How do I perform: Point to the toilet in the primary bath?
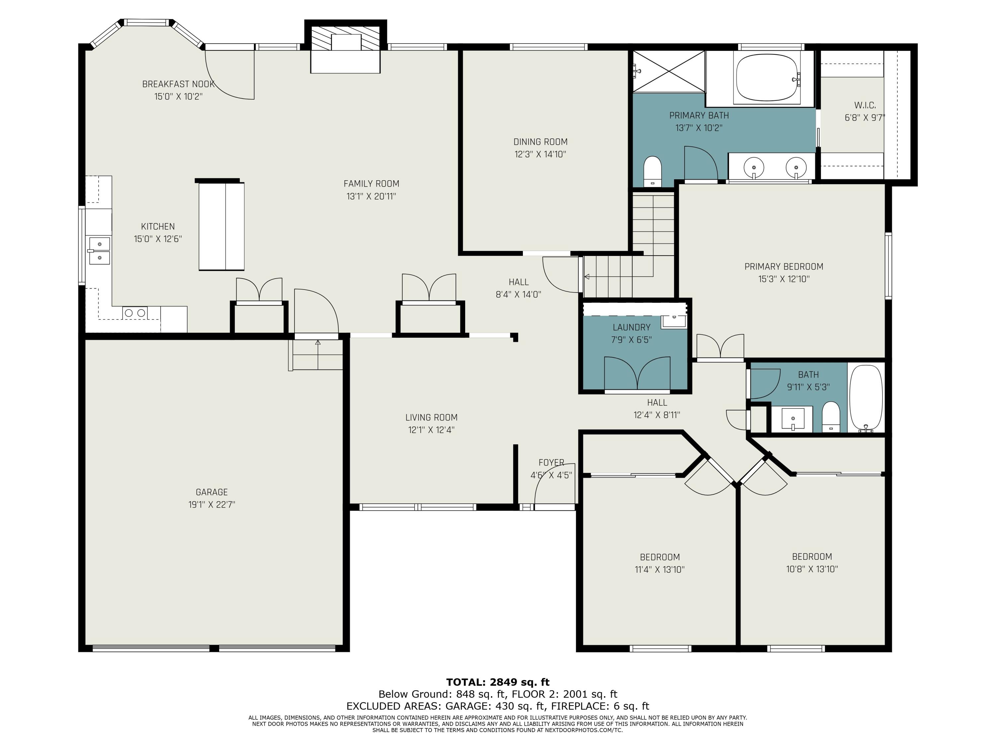tap(652, 171)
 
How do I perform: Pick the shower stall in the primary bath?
tap(669, 71)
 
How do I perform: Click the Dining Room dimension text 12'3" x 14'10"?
tap(540, 154)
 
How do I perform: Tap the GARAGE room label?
tap(211, 492)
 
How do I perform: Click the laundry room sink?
tap(674, 321)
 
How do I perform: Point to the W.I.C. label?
tap(865, 105)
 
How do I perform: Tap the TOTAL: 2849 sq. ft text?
tap(498, 682)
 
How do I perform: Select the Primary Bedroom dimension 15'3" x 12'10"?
tap(784, 279)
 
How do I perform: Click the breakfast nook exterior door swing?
tap(230, 74)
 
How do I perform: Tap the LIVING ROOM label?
tap(431, 417)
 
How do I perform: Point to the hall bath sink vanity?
tap(792, 419)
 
